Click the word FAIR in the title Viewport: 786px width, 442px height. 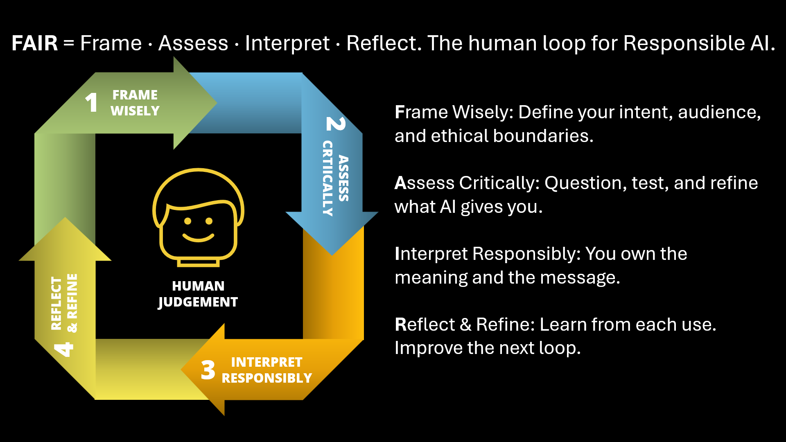pyautogui.click(x=35, y=43)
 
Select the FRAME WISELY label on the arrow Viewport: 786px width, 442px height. pyautogui.click(x=135, y=103)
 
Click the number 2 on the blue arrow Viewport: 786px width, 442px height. pyautogui.click(x=336, y=124)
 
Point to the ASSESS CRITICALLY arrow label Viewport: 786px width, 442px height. pyautogui.click(x=336, y=178)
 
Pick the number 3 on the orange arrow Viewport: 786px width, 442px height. pyautogui.click(x=208, y=370)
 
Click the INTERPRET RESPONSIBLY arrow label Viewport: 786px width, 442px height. pyautogui.click(x=267, y=370)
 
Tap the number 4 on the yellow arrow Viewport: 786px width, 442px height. pyautogui.click(x=64, y=349)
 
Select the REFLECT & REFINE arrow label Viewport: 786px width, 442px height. pyautogui.click(x=64, y=303)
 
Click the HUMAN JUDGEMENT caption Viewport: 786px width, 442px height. pyautogui.click(x=198, y=294)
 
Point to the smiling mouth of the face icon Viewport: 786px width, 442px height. pyautogui.click(x=199, y=237)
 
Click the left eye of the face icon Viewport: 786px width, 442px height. pyautogui.click(x=188, y=221)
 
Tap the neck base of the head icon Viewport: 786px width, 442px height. pyautogui.click(x=199, y=262)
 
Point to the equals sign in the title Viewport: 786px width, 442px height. pyautogui.click(x=69, y=43)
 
